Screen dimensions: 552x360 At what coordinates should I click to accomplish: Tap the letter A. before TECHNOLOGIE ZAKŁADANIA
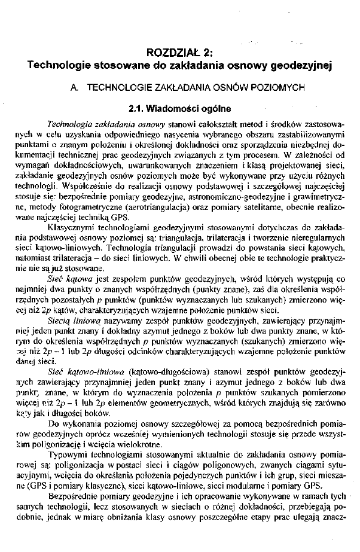75,87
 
